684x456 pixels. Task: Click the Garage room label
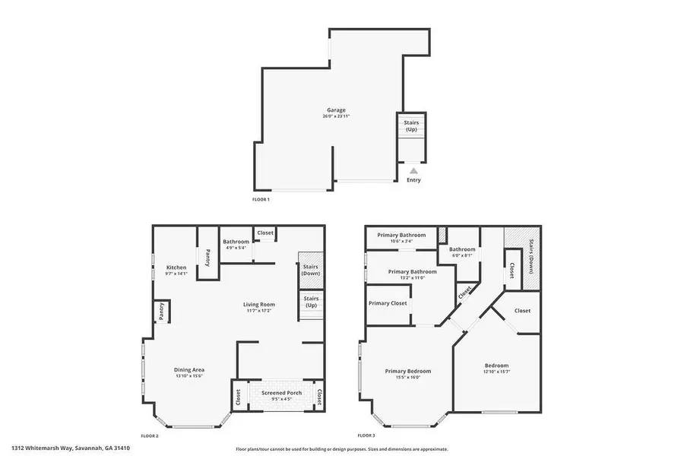point(337,110)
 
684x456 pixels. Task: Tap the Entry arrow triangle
point(413,171)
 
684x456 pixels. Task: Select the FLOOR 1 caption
point(261,199)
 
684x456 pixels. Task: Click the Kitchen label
point(176,268)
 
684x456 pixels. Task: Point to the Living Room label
point(260,304)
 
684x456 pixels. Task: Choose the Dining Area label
point(189,370)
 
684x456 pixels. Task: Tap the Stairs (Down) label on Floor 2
point(310,269)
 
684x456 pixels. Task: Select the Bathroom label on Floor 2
point(236,242)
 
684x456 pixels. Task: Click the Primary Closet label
point(388,303)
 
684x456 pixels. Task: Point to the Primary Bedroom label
point(407,371)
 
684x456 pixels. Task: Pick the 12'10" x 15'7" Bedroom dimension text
point(496,372)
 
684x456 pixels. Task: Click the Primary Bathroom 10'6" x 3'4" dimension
point(402,242)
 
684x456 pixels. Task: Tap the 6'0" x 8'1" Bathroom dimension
point(462,255)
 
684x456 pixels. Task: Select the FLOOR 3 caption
point(366,435)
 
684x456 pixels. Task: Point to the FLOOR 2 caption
point(150,435)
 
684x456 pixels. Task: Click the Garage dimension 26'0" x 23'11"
point(337,117)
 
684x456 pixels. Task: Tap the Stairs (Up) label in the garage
point(411,125)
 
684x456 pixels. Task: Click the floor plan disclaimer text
point(342,448)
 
